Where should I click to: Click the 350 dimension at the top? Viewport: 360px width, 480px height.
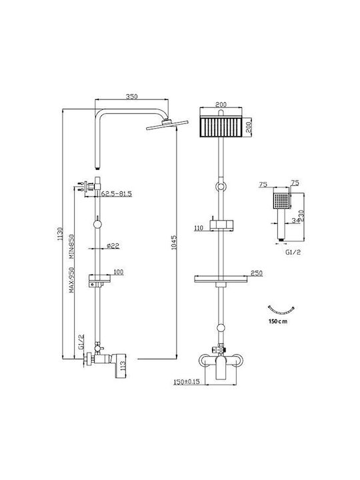pyautogui.click(x=131, y=96)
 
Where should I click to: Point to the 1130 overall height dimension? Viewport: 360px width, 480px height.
pyautogui.click(x=60, y=233)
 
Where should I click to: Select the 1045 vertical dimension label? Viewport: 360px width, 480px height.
pyautogui.click(x=174, y=243)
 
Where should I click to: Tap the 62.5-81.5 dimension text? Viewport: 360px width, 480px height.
pyautogui.click(x=116, y=194)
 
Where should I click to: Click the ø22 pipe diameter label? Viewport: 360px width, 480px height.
pyautogui.click(x=113, y=245)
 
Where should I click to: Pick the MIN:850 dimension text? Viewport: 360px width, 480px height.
pyautogui.click(x=71, y=247)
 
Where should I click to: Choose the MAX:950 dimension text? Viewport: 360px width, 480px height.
pyautogui.click(x=71, y=280)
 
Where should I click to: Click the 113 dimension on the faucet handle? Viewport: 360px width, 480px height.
pyautogui.click(x=123, y=366)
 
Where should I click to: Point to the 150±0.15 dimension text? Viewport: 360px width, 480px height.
pyautogui.click(x=187, y=382)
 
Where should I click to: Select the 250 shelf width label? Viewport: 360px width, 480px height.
pyautogui.click(x=257, y=273)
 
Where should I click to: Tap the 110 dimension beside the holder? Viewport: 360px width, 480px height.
pyautogui.click(x=199, y=228)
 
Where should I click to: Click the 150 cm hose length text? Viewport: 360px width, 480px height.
pyautogui.click(x=278, y=321)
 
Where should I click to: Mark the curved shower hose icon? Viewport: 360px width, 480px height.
pyautogui.click(x=281, y=312)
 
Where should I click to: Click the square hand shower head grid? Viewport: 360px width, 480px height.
pyautogui.click(x=281, y=201)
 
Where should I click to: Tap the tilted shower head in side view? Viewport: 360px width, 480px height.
pyautogui.click(x=167, y=124)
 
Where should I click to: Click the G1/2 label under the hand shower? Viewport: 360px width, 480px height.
pyautogui.click(x=293, y=252)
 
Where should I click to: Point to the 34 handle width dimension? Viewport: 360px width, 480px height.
pyautogui.click(x=296, y=221)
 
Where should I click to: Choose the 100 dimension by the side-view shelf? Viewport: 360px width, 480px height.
pyautogui.click(x=119, y=272)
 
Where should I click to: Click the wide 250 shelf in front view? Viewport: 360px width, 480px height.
pyautogui.click(x=221, y=279)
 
